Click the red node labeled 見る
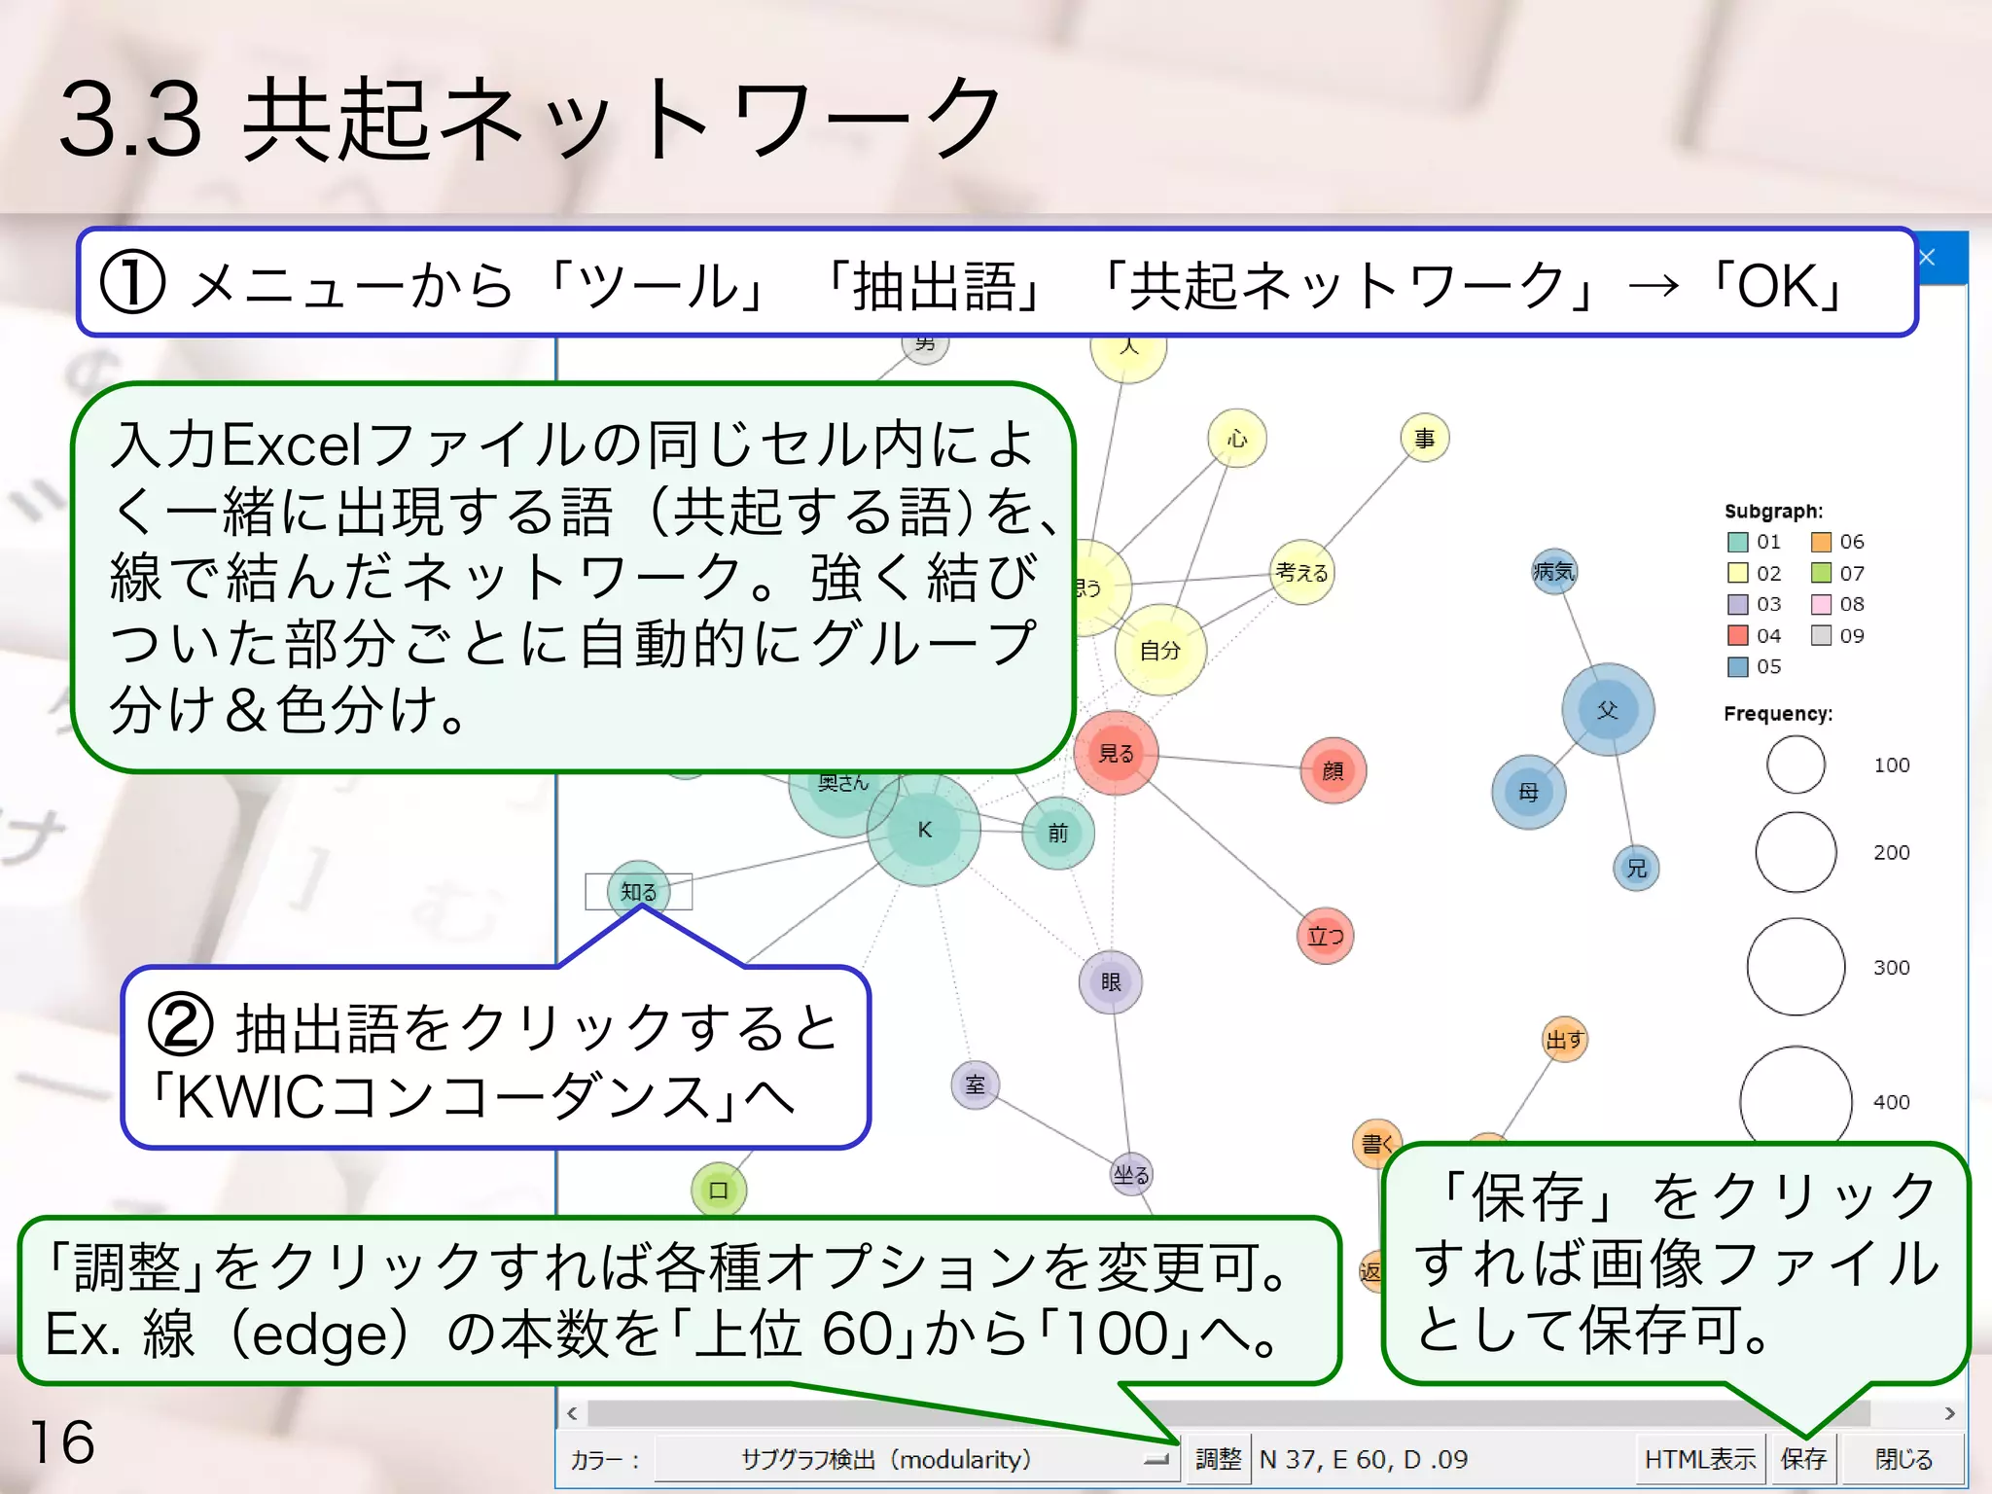point(1116,753)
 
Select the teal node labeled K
point(924,830)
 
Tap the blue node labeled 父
point(1608,710)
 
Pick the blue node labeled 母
point(1528,792)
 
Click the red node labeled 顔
point(1333,770)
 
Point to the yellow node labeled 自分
point(1159,650)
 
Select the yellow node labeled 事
point(1425,439)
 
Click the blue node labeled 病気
point(1553,571)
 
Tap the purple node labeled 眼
point(1111,982)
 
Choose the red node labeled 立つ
point(1325,937)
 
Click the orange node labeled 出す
point(1565,1040)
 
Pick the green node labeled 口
point(719,1190)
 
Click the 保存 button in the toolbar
point(1803,1459)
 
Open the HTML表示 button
point(1699,1459)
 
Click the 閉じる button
point(1903,1459)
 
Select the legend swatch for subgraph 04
point(1737,635)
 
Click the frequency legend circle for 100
point(1796,765)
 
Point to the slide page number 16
point(62,1441)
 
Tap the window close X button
point(1927,258)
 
